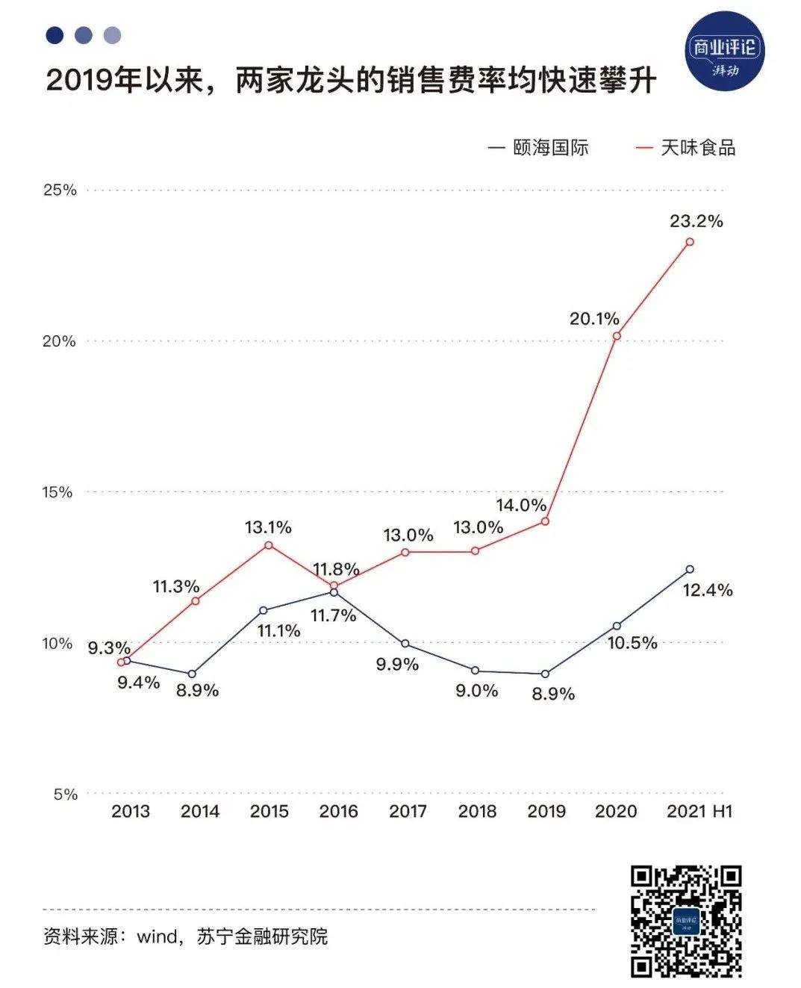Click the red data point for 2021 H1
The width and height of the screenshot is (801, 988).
pos(690,242)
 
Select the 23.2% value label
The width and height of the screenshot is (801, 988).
pos(696,221)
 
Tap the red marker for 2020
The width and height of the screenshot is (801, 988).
pos(617,336)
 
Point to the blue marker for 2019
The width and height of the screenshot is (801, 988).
pos(545,674)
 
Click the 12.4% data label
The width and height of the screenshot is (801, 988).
pos(708,590)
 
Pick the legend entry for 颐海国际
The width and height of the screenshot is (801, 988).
pos(538,148)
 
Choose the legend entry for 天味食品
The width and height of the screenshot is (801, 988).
pos(685,148)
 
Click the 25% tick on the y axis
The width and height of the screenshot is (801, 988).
pos(60,190)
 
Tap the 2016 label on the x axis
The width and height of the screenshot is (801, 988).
pos(338,811)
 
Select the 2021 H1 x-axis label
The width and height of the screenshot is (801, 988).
pos(699,811)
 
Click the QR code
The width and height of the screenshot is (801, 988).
pos(686,922)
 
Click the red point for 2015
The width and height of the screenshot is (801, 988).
pos(269,545)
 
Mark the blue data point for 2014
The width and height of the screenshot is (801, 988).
pos(192,674)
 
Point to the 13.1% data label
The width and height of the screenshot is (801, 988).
pos(268,527)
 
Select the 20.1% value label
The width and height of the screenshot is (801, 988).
pos(594,319)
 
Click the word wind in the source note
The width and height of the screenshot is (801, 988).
pos(156,936)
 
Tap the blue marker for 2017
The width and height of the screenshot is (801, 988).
pos(405,644)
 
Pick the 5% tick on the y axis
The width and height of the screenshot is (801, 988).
pos(65,794)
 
